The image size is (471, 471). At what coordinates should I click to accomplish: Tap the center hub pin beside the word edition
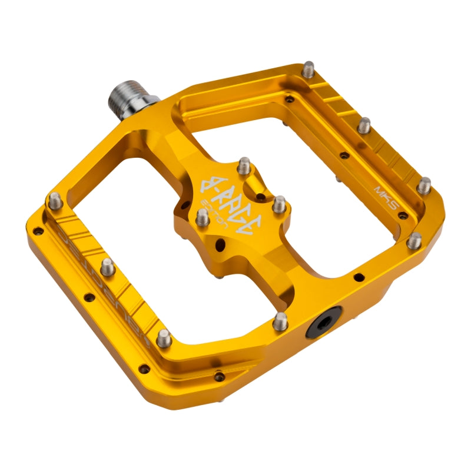coord(201,219)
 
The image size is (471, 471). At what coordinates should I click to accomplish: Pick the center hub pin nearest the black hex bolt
coord(280,204)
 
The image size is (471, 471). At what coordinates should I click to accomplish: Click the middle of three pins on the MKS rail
coord(364,125)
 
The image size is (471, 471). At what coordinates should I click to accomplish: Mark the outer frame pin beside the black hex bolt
coord(281,320)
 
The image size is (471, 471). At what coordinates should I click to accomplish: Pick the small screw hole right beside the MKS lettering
coord(402,215)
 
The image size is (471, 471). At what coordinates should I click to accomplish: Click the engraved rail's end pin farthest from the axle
coord(164,338)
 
